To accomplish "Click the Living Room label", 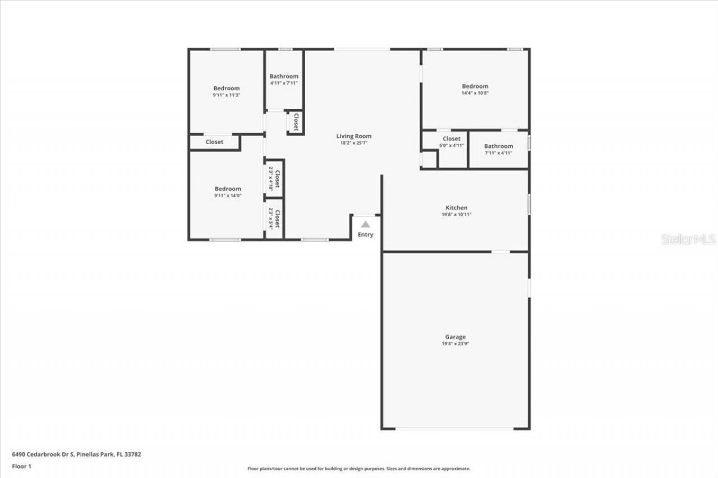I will coord(353,136).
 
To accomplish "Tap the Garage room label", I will coord(455,337).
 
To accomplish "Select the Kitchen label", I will coord(457,208).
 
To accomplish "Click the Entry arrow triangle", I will coord(365,224).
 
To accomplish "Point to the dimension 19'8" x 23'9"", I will coord(455,344).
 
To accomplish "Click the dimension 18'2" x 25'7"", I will coord(353,143).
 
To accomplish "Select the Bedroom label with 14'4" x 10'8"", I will coord(475,86).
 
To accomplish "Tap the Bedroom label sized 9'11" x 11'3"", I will coord(226,89).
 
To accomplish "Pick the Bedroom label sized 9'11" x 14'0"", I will coord(227,189).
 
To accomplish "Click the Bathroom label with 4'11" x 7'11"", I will coord(284,76).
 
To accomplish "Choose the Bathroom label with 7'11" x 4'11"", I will coord(498,146).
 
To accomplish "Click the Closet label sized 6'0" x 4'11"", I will coord(451,138).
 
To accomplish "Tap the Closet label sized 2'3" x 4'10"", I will coord(277,178).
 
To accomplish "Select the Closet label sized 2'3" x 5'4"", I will coord(277,217).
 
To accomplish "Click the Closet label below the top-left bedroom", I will coord(214,142).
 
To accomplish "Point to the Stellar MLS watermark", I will coord(688,239).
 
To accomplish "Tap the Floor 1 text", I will coord(21,466).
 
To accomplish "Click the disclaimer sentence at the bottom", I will coord(359,468).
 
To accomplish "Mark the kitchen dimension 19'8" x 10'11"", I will coord(457,215).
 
